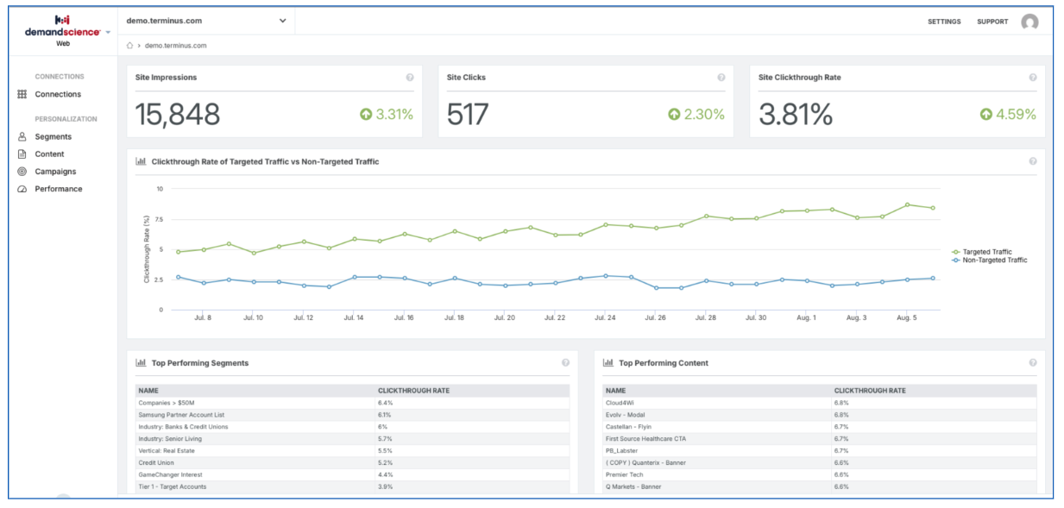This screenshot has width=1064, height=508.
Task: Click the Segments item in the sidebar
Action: (53, 137)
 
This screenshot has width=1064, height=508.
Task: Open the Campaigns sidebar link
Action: (55, 172)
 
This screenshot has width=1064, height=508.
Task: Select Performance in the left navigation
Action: (59, 189)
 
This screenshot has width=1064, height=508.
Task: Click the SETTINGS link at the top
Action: (944, 22)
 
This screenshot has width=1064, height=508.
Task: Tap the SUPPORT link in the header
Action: (992, 22)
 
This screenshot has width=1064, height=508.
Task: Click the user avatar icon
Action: (1029, 22)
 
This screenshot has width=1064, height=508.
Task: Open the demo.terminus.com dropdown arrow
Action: (283, 21)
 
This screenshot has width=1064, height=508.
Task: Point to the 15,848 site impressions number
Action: (178, 115)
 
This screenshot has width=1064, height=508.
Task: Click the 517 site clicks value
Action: (468, 115)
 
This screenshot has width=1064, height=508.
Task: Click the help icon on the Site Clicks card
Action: (721, 78)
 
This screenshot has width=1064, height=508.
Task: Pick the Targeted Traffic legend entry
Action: (982, 252)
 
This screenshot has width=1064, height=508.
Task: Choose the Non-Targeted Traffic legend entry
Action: (990, 260)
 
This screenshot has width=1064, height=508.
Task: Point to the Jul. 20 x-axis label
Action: (505, 317)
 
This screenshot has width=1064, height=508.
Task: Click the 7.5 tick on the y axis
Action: (159, 219)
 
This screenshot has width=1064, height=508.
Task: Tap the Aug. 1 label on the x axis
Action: (806, 317)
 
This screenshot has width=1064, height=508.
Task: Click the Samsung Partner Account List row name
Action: (181, 415)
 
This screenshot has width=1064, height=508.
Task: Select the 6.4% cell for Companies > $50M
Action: (385, 403)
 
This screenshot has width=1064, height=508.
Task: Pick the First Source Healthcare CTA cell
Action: (645, 439)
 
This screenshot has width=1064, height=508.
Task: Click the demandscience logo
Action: (63, 31)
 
